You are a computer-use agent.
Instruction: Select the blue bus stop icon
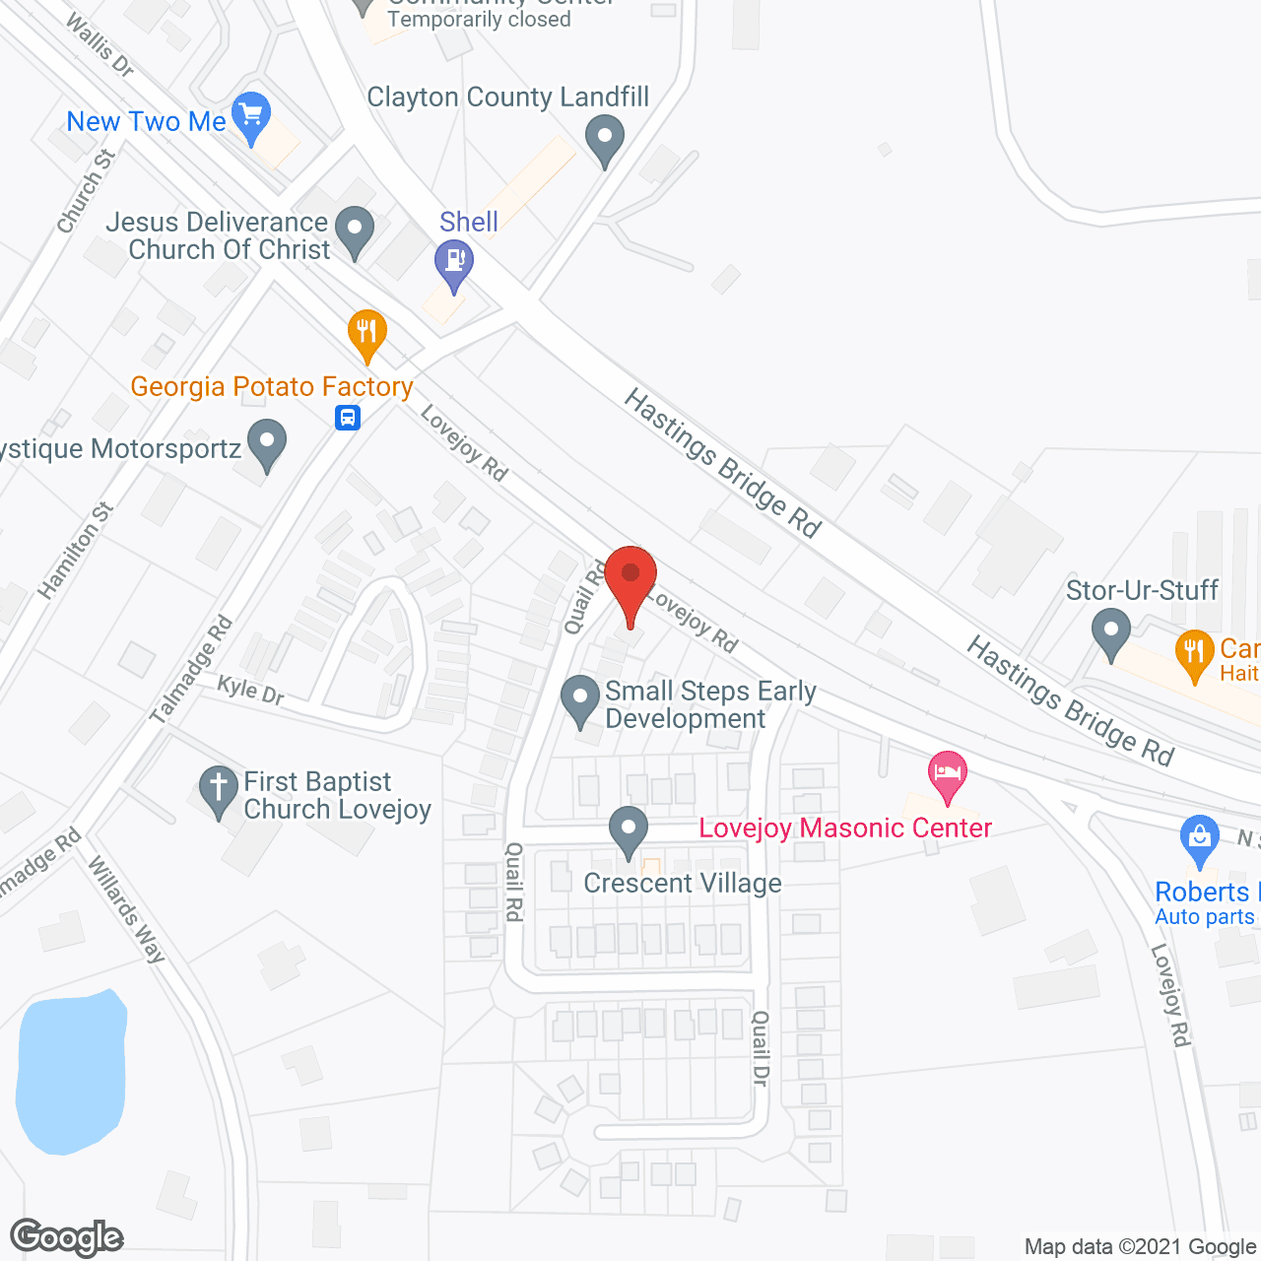348,418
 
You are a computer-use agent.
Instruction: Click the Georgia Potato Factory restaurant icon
366,333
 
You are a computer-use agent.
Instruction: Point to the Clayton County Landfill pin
605,137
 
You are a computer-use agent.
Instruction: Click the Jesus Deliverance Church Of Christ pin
355,230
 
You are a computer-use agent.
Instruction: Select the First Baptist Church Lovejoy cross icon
219,789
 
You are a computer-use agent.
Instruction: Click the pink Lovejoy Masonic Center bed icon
947,773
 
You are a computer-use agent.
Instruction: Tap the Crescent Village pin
628,829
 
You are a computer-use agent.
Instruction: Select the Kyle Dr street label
250,690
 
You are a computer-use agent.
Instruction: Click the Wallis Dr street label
100,44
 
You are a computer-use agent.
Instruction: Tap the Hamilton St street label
77,552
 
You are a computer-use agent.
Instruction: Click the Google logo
66,1237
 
